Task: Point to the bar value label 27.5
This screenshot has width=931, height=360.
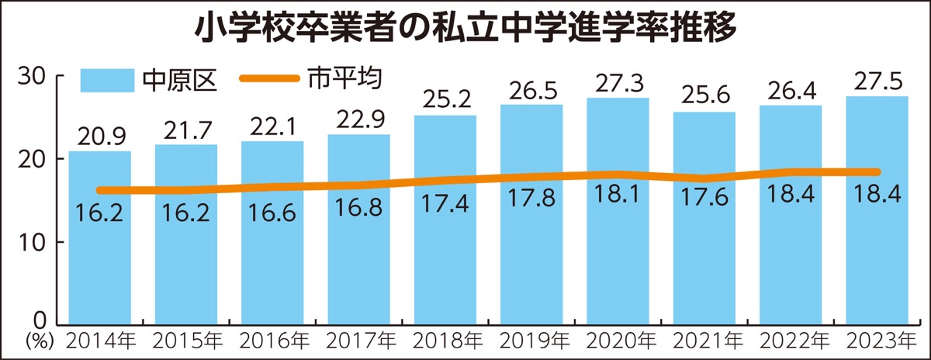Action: click(877, 81)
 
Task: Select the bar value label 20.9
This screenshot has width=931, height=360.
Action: click(99, 137)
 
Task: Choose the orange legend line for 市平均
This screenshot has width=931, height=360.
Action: click(268, 78)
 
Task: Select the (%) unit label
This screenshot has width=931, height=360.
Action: click(36, 341)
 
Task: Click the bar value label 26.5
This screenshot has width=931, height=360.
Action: click(531, 90)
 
